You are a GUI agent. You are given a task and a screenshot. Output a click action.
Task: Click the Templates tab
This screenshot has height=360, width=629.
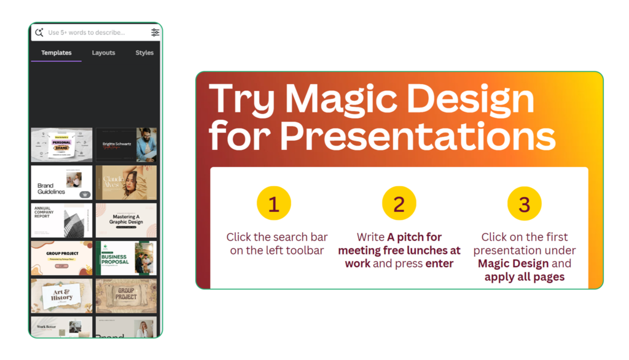[x=57, y=53]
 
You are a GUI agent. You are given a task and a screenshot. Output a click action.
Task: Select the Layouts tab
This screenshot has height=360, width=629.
[x=103, y=53]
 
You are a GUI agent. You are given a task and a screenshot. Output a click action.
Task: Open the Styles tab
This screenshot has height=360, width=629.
[x=144, y=53]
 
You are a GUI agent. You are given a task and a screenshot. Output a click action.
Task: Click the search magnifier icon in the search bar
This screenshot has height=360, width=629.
[x=39, y=33]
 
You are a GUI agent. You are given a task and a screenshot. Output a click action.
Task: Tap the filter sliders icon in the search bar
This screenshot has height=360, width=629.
[x=155, y=33]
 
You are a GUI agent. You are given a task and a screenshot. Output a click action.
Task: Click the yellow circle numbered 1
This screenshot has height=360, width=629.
[x=274, y=204]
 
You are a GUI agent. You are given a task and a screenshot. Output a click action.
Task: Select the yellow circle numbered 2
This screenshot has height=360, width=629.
[x=399, y=204]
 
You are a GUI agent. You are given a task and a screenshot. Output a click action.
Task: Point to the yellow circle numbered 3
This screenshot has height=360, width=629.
[x=525, y=204]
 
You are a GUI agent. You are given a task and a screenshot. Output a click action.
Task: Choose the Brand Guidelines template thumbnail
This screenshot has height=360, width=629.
[x=61, y=182]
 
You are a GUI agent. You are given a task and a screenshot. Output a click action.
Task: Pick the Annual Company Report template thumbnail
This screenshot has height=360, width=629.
[x=61, y=220]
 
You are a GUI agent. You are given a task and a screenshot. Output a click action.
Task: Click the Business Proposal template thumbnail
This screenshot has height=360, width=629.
[x=126, y=257]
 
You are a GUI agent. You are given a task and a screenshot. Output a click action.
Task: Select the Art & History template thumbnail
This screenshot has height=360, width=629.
[x=61, y=295]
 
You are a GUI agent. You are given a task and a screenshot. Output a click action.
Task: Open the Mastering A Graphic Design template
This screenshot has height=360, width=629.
[x=126, y=220]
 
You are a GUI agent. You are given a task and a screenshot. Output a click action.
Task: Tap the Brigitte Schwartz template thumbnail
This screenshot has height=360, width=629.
[x=126, y=144]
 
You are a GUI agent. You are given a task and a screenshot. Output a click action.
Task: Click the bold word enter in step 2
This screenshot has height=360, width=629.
[x=440, y=264]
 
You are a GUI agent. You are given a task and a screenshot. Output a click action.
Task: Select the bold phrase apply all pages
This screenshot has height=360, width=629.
[x=525, y=276]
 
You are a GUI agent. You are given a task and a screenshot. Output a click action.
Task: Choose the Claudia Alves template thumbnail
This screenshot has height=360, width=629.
[x=126, y=182]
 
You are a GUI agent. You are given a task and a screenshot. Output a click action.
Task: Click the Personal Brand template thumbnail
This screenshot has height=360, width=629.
[x=61, y=144]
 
